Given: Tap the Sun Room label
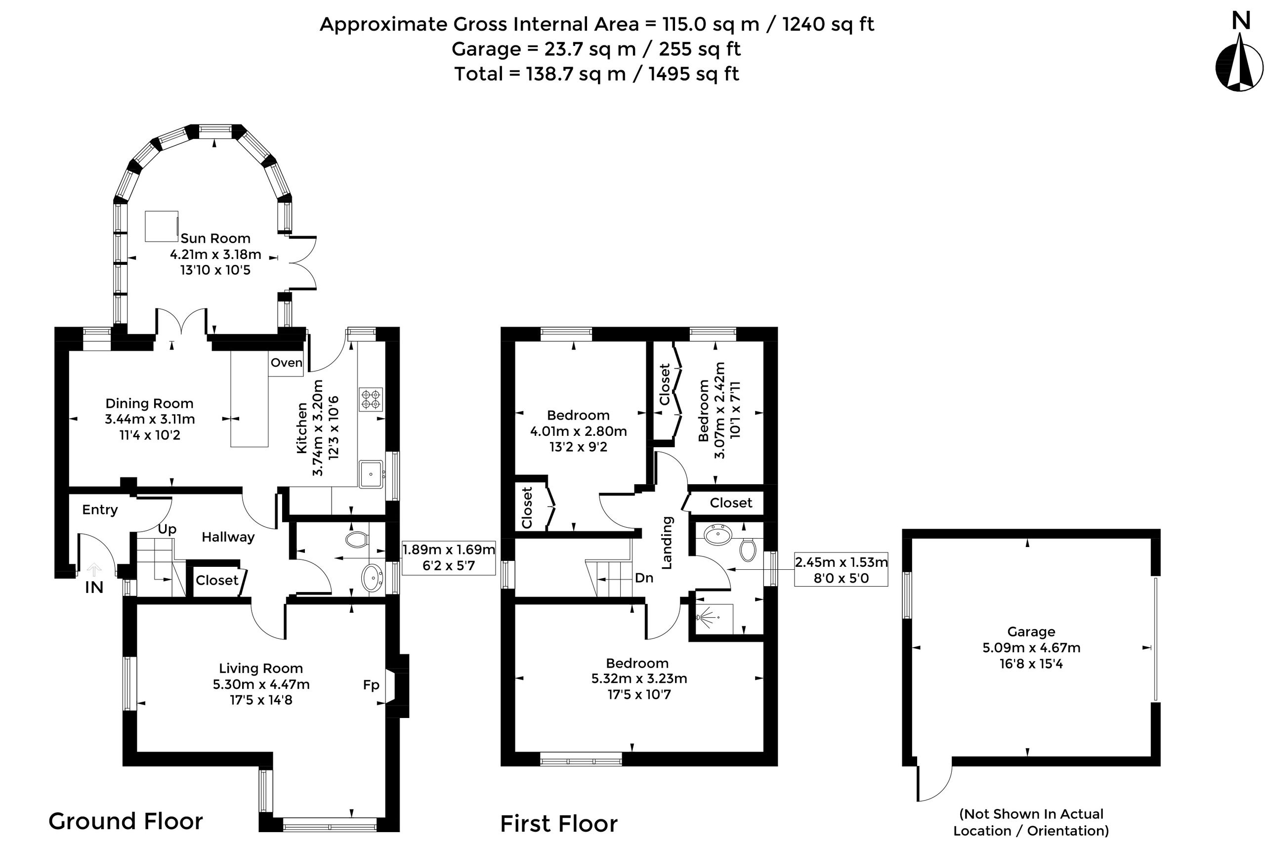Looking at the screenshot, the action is point(215,239).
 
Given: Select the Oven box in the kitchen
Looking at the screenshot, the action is point(286,363).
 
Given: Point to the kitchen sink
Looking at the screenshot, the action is point(371,474).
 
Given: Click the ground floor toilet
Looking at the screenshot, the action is point(357,539).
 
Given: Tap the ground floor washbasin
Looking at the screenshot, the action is point(372,578).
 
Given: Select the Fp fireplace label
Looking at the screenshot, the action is point(371,685).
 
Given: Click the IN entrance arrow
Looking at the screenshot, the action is point(94,570).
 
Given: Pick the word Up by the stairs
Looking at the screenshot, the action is point(167,529).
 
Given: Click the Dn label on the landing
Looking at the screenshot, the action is point(644,578).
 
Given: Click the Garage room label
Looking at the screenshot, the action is point(1031,632).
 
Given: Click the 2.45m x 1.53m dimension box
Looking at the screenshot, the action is point(841,569).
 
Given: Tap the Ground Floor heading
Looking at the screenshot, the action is point(126,822).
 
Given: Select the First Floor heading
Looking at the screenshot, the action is point(559,824).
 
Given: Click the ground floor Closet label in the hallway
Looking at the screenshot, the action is point(217,581).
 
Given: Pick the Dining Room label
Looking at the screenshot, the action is point(149,404).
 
